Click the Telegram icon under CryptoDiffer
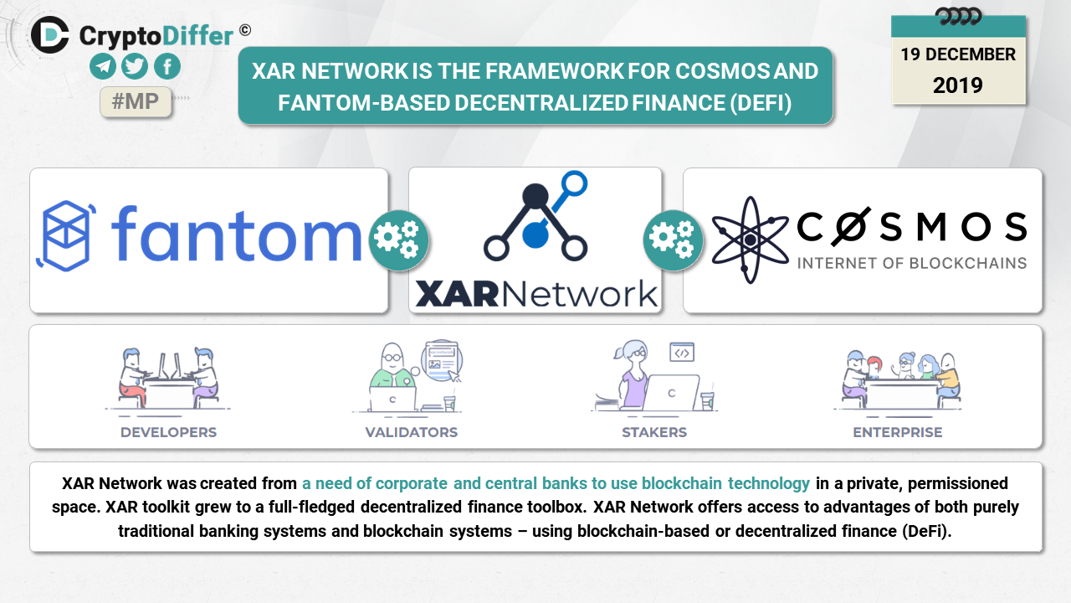pos(104,67)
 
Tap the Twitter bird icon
pos(135,67)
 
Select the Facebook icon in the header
pos(167,67)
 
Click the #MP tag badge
pos(136,102)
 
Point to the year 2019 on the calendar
pos(958,85)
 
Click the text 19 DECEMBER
pos(958,54)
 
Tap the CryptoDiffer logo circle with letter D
pos(50,34)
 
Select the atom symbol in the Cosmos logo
pos(749,240)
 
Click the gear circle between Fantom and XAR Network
pos(398,240)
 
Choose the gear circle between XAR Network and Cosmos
pos(673,240)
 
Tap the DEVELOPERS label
pos(168,432)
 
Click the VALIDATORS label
pos(412,432)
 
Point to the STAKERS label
pos(654,432)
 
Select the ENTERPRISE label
pos(898,432)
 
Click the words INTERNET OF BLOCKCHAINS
pos(912,263)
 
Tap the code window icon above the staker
pos(681,352)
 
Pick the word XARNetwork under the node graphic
pos(536,294)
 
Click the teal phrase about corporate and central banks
pos(556,483)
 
